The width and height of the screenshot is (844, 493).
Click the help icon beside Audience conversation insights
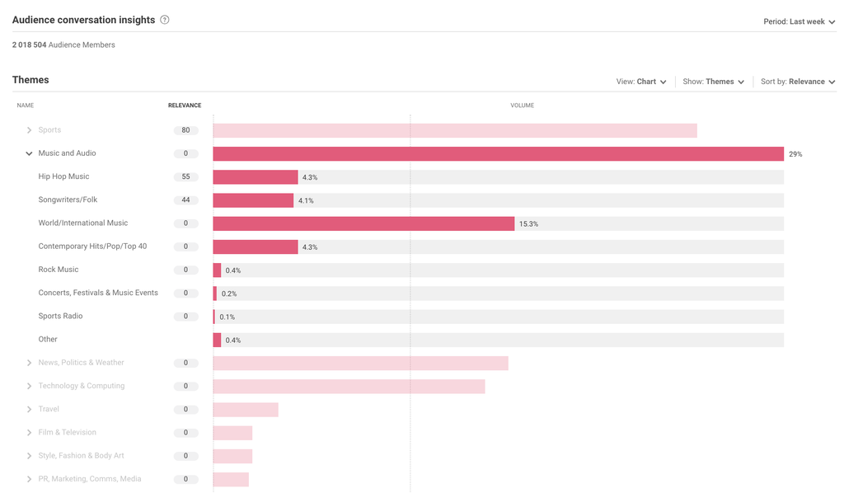pyautogui.click(x=165, y=20)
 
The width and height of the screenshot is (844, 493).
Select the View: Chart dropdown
pyautogui.click(x=641, y=82)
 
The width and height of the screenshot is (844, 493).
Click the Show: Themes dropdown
pyautogui.click(x=714, y=82)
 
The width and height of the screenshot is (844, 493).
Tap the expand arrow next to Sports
pyautogui.click(x=29, y=130)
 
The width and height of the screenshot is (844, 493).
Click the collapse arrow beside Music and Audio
pyautogui.click(x=29, y=153)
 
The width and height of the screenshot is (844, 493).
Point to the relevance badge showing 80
pyautogui.click(x=185, y=130)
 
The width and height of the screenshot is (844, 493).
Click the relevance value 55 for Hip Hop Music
pyautogui.click(x=185, y=177)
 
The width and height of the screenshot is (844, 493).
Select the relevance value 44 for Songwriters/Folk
pyautogui.click(x=185, y=200)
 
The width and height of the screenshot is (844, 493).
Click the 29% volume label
pyautogui.click(x=795, y=154)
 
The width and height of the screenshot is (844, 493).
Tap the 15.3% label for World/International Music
pyautogui.click(x=528, y=224)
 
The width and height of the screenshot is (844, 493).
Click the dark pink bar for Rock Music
pyautogui.click(x=217, y=270)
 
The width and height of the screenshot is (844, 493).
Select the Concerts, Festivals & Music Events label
pyautogui.click(x=98, y=293)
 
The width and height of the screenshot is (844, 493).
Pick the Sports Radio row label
pyautogui.click(x=60, y=316)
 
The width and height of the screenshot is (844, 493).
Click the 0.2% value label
pyautogui.click(x=228, y=293)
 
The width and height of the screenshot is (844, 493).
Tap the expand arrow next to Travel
pyautogui.click(x=29, y=410)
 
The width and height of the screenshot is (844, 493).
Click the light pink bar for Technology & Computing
pyautogui.click(x=349, y=387)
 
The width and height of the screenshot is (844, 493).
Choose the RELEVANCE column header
pyautogui.click(x=185, y=106)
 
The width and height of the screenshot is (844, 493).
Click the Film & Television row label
pyautogui.click(x=67, y=432)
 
